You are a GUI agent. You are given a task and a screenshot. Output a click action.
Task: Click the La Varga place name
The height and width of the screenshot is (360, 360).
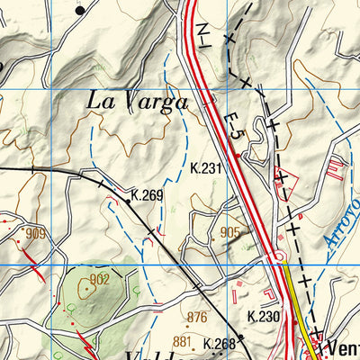138,102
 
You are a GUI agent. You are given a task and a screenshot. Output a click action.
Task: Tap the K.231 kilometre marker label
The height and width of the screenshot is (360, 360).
208,167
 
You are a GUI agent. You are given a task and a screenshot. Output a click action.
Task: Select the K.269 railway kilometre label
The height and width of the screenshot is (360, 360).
147,194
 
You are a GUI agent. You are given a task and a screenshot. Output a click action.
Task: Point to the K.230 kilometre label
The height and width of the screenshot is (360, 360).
264,317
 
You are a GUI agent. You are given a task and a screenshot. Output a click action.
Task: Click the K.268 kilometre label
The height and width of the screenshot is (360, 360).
219,344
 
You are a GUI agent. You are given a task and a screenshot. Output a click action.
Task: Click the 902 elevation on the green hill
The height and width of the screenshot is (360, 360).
99,280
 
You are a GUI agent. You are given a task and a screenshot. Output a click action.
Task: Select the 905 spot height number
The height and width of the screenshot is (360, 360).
229,232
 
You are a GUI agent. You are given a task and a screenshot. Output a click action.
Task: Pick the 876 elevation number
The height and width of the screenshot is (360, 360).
197,317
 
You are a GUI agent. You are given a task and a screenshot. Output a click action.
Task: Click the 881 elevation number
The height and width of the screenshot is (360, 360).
183,341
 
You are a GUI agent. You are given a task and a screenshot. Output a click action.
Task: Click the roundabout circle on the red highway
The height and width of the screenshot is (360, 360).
275,260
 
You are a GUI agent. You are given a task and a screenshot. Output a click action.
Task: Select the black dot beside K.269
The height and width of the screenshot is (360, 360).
128,202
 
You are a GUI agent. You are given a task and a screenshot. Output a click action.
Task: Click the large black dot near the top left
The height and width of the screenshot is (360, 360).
80,10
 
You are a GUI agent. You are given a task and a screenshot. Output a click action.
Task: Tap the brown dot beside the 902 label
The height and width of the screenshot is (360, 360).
86,288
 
